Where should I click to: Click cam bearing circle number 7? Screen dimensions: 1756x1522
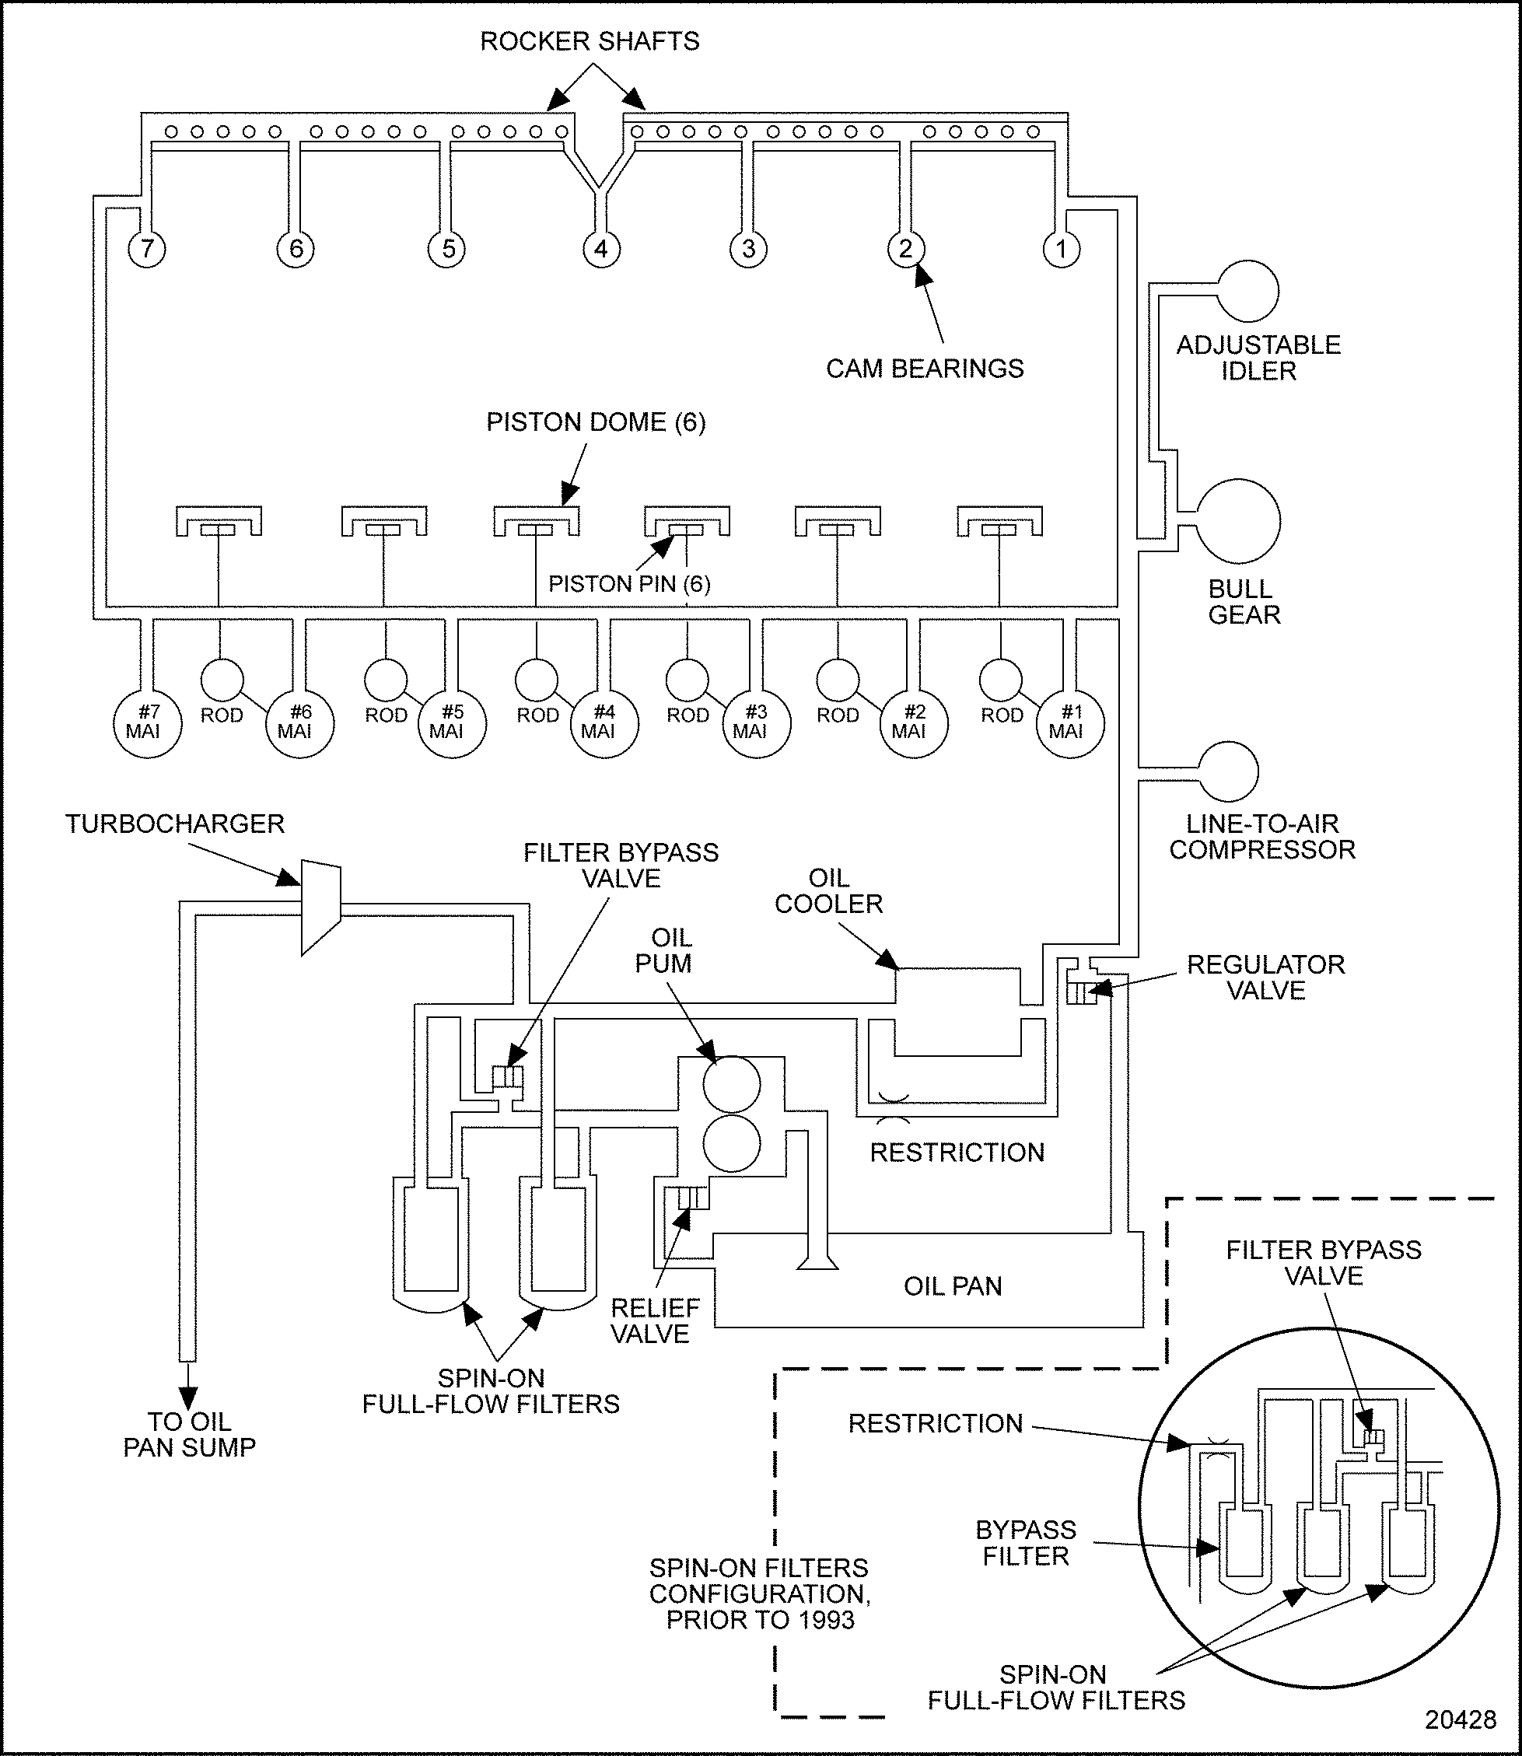point(147,250)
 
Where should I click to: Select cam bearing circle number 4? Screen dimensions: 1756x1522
point(601,250)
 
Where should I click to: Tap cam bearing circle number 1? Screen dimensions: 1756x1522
point(1061,250)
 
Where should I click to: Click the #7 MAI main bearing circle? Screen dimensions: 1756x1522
point(147,723)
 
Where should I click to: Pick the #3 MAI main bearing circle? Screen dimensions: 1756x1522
point(756,723)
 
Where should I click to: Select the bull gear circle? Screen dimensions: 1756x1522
point(1238,520)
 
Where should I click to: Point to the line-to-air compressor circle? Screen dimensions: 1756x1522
point(1228,771)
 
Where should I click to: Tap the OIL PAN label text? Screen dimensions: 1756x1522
point(953,1286)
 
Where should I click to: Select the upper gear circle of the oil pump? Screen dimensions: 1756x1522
point(731,1085)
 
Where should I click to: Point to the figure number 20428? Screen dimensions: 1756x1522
point(1460,1719)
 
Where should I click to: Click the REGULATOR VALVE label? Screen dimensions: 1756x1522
point(1265,978)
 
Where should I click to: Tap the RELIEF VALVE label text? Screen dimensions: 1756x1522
point(654,1320)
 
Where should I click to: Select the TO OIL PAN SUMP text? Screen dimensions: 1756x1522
point(190,1434)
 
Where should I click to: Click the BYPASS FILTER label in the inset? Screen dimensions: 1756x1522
point(1025,1543)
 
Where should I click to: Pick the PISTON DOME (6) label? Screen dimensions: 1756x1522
point(596,422)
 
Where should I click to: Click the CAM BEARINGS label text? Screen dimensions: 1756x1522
point(924,369)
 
